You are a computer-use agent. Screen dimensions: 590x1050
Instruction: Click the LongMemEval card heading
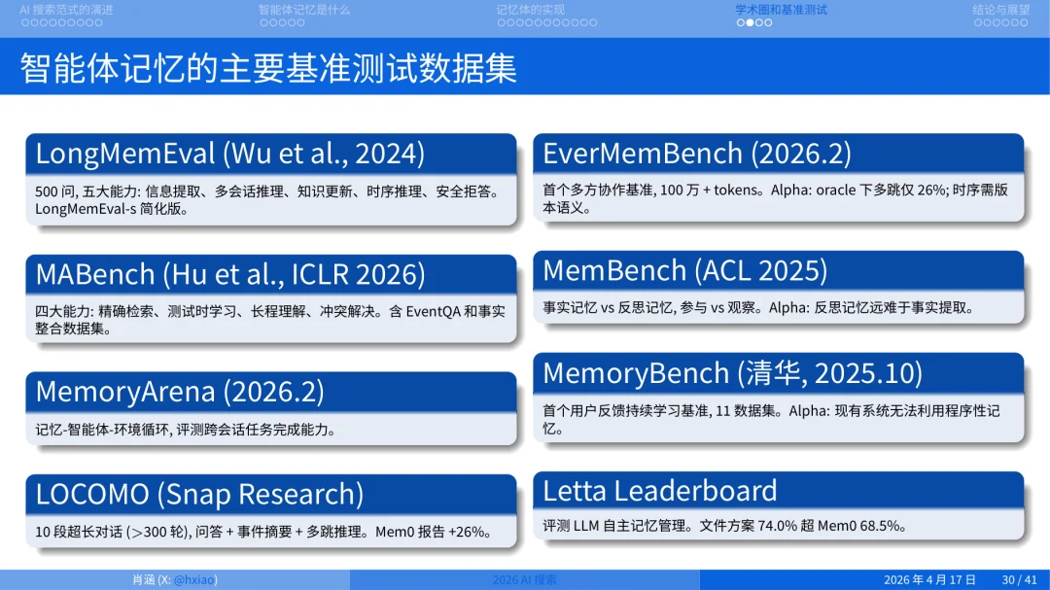230,154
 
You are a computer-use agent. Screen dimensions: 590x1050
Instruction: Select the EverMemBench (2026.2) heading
696,154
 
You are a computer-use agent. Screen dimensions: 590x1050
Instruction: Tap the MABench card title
230,274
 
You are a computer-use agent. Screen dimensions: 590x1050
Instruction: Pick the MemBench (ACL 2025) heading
684,270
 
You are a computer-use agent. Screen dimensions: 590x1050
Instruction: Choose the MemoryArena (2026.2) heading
180,391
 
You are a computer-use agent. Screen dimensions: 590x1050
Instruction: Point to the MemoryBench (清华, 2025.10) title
732,372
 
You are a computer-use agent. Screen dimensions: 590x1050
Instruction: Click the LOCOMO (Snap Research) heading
199,494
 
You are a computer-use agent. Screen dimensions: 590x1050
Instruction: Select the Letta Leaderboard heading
659,490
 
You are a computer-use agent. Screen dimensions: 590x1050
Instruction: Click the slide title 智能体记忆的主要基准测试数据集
268,68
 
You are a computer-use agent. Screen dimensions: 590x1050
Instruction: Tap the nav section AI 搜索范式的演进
66,10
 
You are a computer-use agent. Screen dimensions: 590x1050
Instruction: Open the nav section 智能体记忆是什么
304,10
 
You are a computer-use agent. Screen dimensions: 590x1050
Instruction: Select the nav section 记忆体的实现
530,10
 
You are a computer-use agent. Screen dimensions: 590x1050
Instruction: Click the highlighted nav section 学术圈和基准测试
781,10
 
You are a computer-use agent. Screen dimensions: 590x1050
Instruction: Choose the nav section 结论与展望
1000,10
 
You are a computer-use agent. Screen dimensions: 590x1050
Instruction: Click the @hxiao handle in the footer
194,580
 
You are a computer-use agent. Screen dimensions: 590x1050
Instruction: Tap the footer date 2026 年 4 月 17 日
929,580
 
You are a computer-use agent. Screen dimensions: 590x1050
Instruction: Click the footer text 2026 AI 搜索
524,580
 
